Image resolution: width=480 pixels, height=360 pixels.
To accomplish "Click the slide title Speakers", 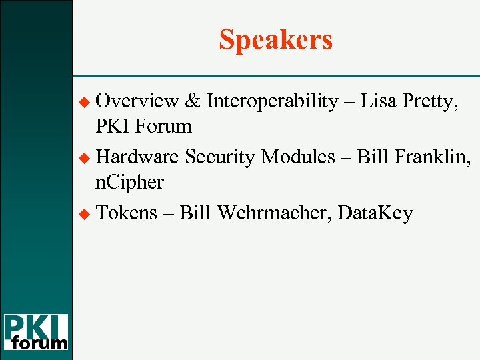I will tap(275, 40).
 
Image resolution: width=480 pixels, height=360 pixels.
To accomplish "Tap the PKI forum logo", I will tap(36, 331).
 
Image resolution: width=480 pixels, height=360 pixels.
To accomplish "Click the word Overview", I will tap(137, 101).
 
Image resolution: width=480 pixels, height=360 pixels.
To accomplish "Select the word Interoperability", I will tap(272, 101).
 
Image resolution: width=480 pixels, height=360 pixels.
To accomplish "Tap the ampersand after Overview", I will tap(193, 101).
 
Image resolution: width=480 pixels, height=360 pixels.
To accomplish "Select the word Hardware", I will tap(137, 157).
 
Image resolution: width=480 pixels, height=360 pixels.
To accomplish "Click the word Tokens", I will tap(127, 213).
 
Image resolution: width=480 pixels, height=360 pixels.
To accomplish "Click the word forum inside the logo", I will tap(40, 343).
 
